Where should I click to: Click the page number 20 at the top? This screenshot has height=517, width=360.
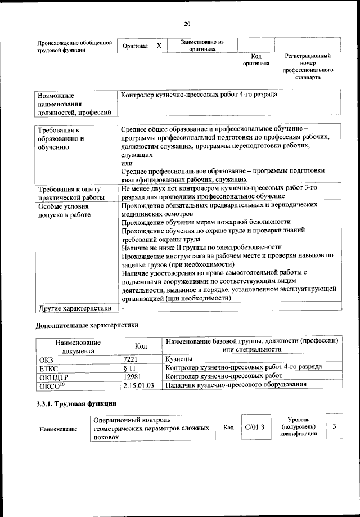click(187, 24)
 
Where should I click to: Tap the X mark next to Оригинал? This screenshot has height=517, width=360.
click(159, 46)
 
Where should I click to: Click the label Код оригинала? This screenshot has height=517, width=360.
click(256, 60)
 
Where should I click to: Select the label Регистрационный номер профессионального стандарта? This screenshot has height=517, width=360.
click(308, 66)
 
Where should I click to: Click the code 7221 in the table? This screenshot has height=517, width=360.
click(131, 358)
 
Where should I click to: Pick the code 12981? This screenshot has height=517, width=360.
click(132, 376)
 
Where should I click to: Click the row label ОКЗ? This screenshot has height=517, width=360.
click(46, 358)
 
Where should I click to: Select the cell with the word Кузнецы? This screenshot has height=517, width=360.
click(179, 358)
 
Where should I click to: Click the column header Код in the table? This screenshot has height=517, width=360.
click(141, 346)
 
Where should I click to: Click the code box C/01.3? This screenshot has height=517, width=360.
click(255, 428)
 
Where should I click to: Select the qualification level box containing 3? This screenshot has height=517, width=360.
click(334, 427)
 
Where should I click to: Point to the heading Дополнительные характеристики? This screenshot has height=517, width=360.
click(87, 325)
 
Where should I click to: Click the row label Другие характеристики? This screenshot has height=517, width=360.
click(74, 308)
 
